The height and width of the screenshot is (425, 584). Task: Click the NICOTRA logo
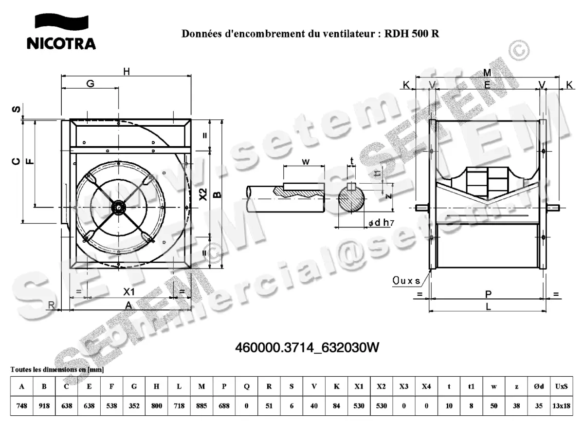[x=61, y=32]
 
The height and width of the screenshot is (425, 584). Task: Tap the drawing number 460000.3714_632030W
[x=307, y=348]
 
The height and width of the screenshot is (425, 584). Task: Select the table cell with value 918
[x=44, y=406]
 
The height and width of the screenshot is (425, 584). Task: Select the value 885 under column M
[x=201, y=406]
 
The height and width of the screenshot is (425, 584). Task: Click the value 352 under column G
[x=134, y=406]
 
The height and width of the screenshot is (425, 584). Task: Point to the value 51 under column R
[x=269, y=406]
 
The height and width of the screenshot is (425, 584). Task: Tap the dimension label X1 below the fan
[x=128, y=291]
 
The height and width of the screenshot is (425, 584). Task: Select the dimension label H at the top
[x=127, y=72]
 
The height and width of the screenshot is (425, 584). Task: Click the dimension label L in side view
[x=488, y=307]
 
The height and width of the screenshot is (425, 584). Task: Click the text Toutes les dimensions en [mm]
[x=57, y=370]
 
